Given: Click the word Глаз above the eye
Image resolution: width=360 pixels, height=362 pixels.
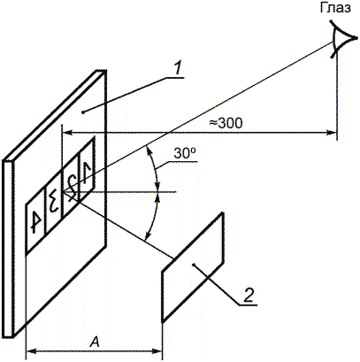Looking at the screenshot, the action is tap(335, 8).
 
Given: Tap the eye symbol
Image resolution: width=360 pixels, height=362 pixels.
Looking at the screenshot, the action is tap(342, 38).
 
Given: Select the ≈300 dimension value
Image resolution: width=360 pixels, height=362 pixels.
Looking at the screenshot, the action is tap(226, 123).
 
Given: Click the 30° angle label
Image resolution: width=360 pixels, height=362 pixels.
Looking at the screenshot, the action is tap(185, 154).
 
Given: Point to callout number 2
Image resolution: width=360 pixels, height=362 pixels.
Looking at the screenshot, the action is tap(249, 295).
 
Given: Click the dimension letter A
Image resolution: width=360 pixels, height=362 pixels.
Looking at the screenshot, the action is tap(95, 343).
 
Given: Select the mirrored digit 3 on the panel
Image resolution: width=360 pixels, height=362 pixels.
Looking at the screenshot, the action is tap(53, 203).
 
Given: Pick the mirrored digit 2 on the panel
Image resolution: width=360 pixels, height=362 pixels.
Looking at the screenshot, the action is tap(71, 187).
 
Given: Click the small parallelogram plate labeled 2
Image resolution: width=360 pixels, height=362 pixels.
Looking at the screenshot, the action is tap(193, 267).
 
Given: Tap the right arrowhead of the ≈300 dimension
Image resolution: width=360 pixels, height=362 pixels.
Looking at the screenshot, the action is tap(331, 133).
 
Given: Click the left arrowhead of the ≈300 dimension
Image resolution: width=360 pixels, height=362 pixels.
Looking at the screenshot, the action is tap(68, 133).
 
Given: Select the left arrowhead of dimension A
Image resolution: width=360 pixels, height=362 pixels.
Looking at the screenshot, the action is tap(32, 351).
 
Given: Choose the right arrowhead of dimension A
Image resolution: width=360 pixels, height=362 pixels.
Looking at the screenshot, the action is tap(157, 351).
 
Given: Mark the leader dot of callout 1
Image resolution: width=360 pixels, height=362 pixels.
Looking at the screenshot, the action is tap(83, 112).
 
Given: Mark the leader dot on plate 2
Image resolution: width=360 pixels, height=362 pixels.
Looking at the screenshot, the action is tap(193, 265).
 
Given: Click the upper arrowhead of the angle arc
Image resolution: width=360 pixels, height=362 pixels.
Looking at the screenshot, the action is tap(149, 152).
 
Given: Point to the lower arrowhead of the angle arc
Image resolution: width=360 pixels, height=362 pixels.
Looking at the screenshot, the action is tap(147, 233).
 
